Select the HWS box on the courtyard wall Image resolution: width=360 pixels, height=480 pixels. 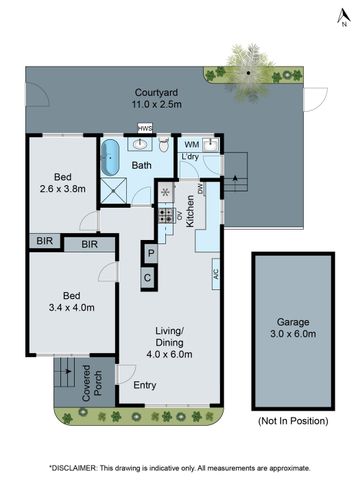145,129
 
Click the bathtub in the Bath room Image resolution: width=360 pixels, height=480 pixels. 111,158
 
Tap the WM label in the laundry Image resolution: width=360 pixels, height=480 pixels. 191,145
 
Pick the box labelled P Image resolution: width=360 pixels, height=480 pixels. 148,254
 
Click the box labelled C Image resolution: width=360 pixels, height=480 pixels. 148,277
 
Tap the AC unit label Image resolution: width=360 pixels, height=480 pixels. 215,268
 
